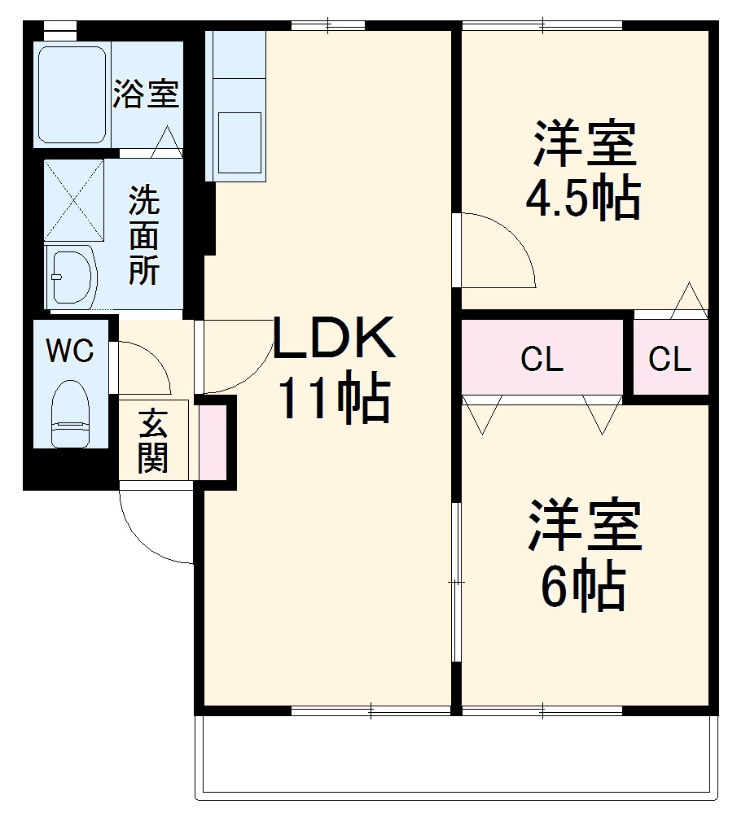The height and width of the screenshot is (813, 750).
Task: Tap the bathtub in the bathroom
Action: point(72,94)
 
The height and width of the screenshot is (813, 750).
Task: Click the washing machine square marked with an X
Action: point(74,200)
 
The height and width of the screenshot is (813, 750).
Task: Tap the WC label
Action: point(69,352)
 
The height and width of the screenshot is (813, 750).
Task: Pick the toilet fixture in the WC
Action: point(69,415)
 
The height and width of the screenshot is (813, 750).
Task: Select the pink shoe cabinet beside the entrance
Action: point(213,442)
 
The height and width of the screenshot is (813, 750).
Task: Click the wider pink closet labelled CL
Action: point(542,358)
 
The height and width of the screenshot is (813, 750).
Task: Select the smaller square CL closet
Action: point(670,358)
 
